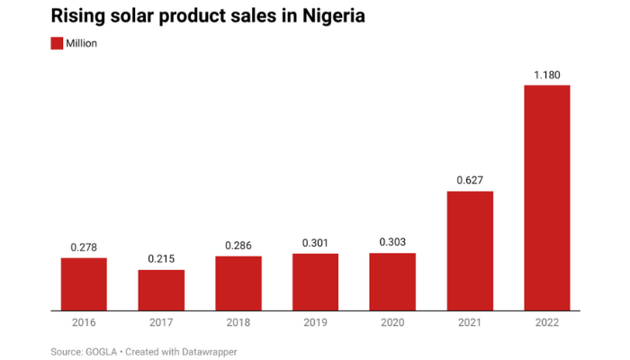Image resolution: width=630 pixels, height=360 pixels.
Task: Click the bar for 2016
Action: pos(84,283)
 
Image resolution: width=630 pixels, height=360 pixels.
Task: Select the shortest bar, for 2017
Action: pos(161,290)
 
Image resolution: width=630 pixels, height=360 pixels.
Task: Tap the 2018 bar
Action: pos(238,283)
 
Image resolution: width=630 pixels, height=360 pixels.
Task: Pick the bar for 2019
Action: pos(315,282)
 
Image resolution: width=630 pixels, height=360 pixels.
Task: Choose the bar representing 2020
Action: pos(392,282)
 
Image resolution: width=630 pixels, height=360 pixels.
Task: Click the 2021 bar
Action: pos(470,250)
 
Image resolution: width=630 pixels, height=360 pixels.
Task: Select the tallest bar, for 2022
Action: pos(546,198)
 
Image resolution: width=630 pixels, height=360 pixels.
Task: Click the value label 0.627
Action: pos(470,180)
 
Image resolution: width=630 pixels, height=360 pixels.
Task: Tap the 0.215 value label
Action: pos(161,259)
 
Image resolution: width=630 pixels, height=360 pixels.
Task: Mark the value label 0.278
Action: pos(84,247)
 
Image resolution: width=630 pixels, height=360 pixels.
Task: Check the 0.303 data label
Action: pos(392,242)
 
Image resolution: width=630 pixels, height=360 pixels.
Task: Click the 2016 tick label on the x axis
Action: pos(84,321)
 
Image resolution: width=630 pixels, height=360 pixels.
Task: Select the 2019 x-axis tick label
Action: pos(315,321)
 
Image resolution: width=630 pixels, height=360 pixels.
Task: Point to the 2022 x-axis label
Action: pos(546,321)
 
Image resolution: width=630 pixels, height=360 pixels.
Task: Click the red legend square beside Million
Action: pos(56,43)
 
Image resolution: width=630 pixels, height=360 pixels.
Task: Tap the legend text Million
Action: pos(81,43)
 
